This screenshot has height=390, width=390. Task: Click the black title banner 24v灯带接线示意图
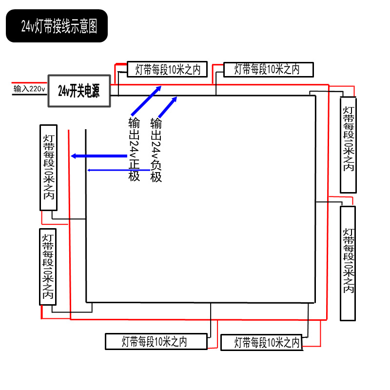pos(57,26)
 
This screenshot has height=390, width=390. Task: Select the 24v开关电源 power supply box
pos(79,91)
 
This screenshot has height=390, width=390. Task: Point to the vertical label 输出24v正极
pos(134,149)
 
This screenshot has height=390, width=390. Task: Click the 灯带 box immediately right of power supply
pos(167,69)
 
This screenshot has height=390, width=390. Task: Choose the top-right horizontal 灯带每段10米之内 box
pos(266,69)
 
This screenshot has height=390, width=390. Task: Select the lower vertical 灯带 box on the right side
pos(348,263)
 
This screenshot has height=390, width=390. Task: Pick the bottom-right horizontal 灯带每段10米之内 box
pos(267,342)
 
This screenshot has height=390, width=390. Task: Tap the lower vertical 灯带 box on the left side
pos(48,266)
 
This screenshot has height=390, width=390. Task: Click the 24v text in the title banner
pos(27,26)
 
